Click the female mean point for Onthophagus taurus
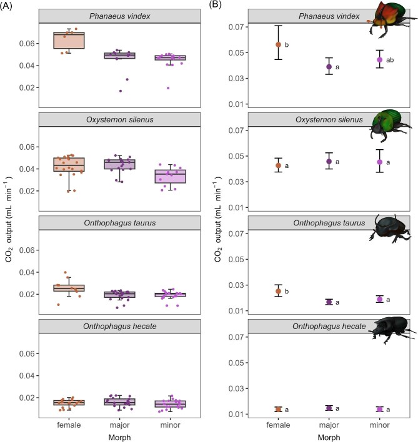point(279,291)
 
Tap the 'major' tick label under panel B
point(329,425)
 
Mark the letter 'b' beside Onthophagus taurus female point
point(287,292)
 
